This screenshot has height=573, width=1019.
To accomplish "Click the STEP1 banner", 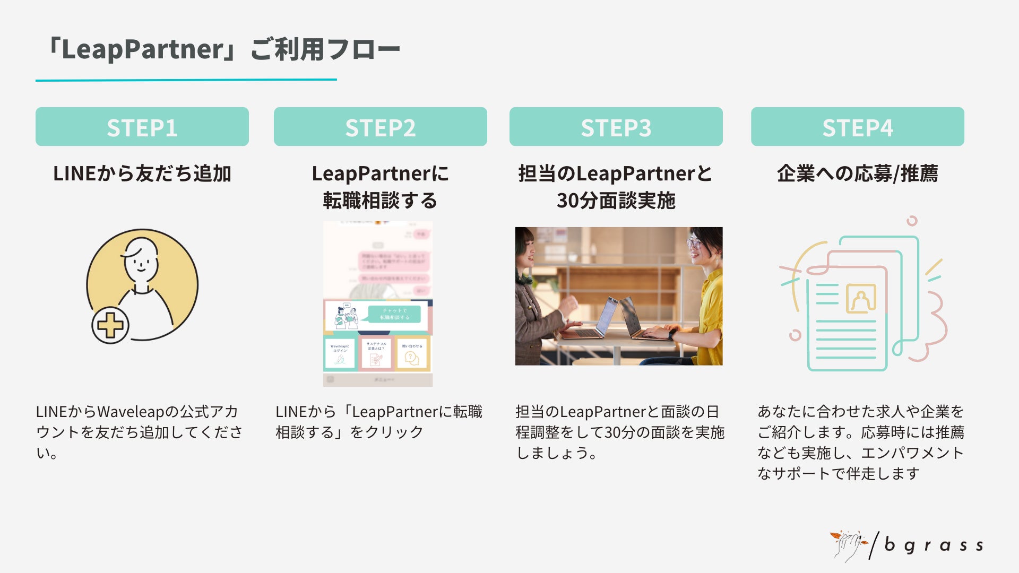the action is point(142,127).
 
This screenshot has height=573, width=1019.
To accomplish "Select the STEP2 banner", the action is point(380,127).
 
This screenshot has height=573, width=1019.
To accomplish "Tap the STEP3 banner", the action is point(616,127).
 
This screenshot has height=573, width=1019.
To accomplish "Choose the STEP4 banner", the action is point(857,127).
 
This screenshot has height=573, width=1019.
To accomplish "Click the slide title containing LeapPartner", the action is point(222,49).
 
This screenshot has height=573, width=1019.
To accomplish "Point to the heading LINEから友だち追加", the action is point(142,173).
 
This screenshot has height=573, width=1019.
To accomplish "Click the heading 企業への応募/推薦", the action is point(857,173).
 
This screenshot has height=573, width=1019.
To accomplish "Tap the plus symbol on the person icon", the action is point(110,325).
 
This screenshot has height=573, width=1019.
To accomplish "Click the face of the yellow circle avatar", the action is point(141,260).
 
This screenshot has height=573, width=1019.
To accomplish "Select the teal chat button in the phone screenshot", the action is point(394,314).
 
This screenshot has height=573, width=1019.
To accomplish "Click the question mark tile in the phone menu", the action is point(412,354).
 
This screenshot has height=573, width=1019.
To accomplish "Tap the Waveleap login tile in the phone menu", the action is point(340,354).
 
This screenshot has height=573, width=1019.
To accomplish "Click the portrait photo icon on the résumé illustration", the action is point(860,299).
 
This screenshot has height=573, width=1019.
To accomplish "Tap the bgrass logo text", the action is point(934,545).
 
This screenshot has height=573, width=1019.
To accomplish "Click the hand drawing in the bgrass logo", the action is point(848,545).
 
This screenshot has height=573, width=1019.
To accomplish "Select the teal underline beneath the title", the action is point(186,80).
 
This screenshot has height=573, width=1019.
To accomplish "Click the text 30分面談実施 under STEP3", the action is point(616,201).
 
